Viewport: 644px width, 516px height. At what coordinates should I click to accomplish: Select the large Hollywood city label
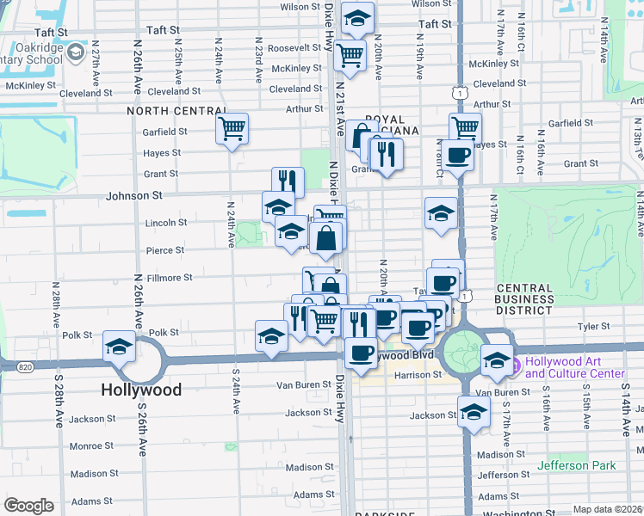[141, 390]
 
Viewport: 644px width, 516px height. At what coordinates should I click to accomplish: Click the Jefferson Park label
[577, 465]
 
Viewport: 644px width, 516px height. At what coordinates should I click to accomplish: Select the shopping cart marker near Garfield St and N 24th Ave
[232, 129]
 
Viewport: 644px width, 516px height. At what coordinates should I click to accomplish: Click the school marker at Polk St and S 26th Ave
[119, 347]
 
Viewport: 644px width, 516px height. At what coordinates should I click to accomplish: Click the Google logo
[28, 506]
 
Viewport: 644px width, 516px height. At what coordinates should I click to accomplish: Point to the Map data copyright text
[608, 509]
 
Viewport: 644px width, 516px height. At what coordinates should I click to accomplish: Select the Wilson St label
[300, 7]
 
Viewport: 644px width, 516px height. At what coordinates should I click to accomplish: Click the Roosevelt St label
[294, 48]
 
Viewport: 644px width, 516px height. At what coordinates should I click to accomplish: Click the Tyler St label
[593, 327]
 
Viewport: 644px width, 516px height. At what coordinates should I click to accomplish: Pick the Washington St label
[508, 513]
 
